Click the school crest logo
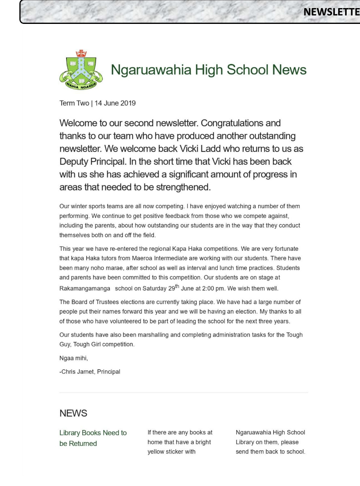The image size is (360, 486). pyautogui.click(x=81, y=70)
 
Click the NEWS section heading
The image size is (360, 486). pyautogui.click(x=73, y=413)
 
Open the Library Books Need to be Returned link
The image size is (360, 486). pyautogui.click(x=93, y=438)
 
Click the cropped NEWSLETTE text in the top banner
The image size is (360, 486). pyautogui.click(x=331, y=12)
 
